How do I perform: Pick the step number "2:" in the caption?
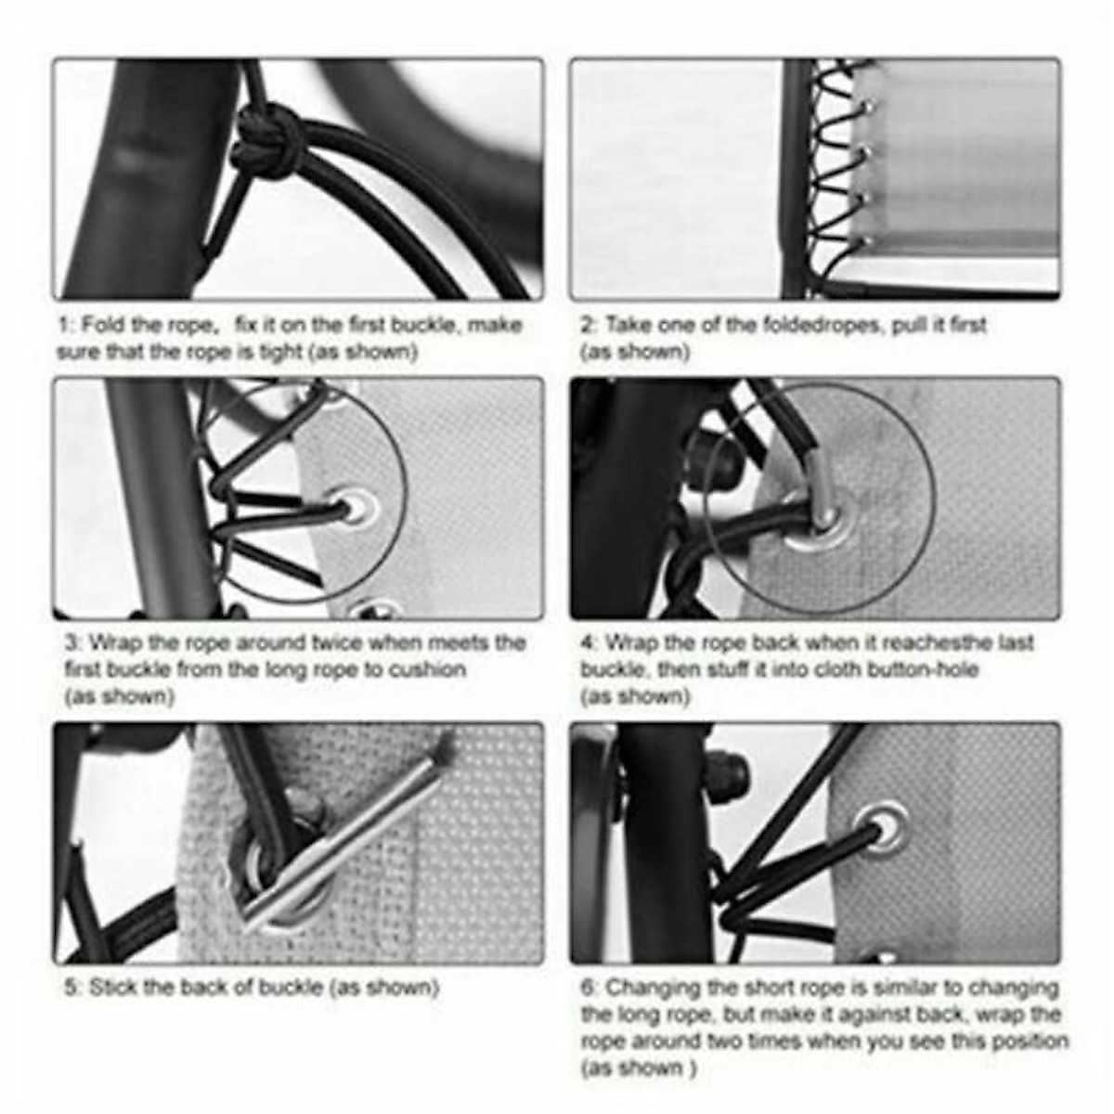coord(589,326)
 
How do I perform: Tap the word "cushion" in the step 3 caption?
coord(429,669)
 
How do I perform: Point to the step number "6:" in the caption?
coord(590,988)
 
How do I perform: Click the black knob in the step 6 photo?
coord(731,770)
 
